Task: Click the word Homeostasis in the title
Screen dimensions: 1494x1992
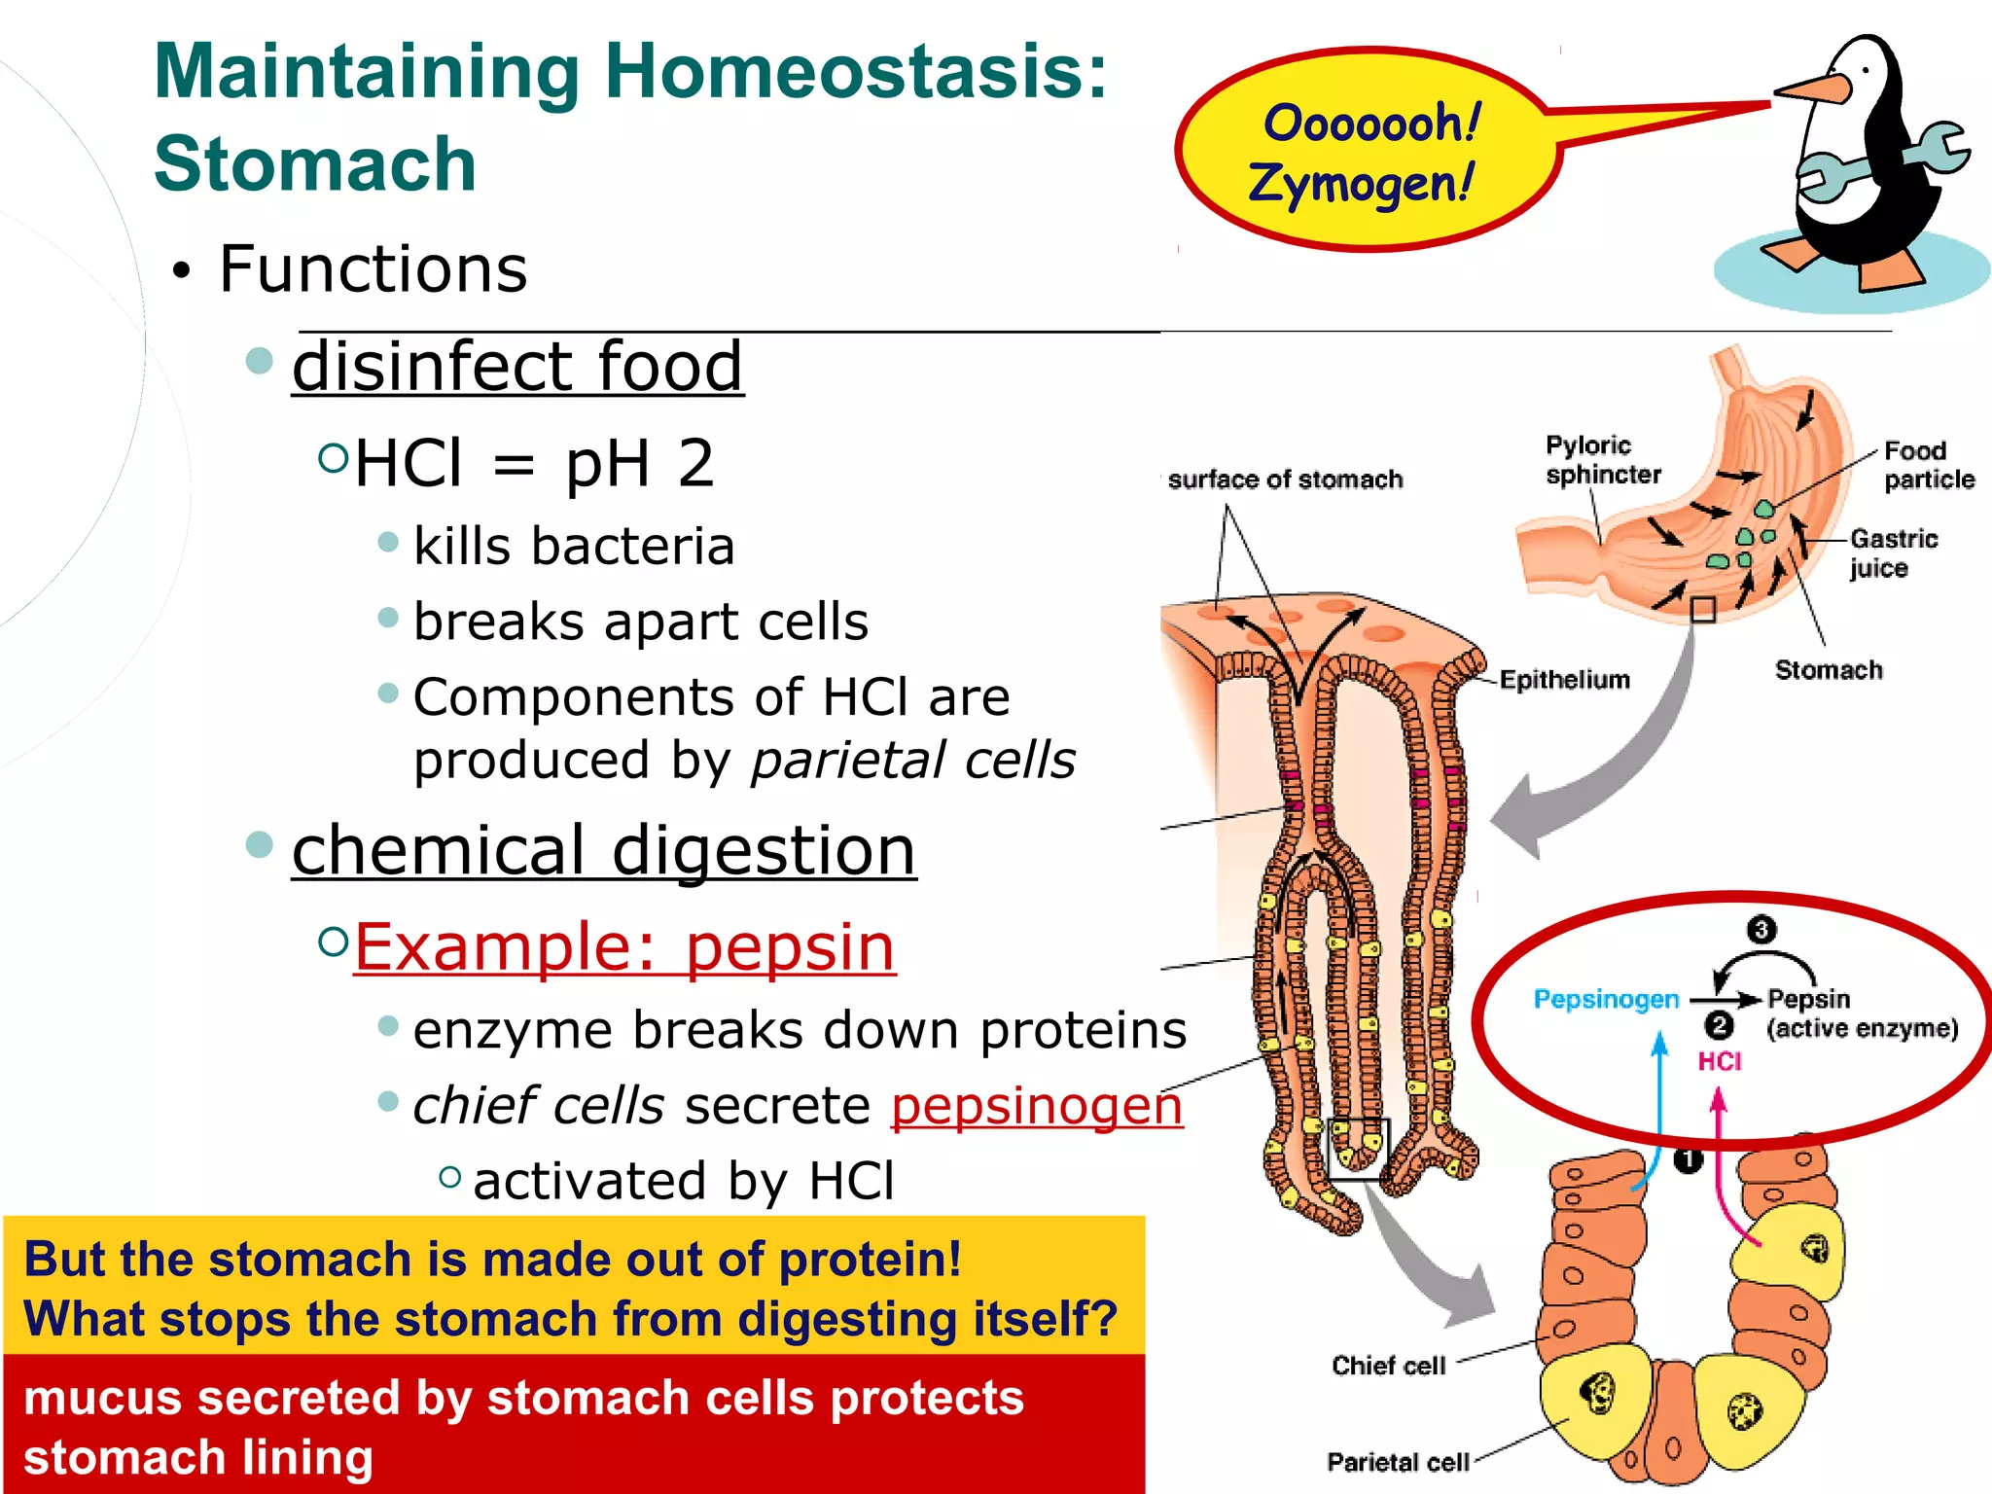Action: [x=856, y=73]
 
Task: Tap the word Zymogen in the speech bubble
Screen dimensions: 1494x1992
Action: [x=1362, y=183]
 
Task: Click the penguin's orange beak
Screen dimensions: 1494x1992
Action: [x=1811, y=90]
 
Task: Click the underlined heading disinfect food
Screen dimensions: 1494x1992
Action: [x=517, y=368]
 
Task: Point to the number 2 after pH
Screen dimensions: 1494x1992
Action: [x=696, y=464]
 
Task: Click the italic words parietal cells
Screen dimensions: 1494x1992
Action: [x=913, y=761]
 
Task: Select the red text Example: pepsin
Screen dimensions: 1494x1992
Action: [x=623, y=947]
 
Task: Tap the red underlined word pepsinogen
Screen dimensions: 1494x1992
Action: [x=1037, y=1106]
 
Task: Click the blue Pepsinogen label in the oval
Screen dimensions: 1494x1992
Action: [x=1606, y=999]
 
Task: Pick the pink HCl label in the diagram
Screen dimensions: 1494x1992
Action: [x=1719, y=1061]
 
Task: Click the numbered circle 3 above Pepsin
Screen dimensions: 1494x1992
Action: [x=1761, y=930]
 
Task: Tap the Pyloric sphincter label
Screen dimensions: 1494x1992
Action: [x=1602, y=460]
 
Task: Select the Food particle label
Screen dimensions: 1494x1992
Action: [x=1928, y=465]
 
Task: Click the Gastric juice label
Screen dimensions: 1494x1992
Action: [x=1892, y=552]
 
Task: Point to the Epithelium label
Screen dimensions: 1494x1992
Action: [x=1564, y=680]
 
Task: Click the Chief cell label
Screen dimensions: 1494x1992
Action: [x=1388, y=1366]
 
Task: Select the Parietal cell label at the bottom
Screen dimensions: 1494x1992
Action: [x=1397, y=1462]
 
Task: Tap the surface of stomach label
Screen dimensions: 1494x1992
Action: [x=1284, y=480]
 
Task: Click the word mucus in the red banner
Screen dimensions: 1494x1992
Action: [x=102, y=1399]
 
